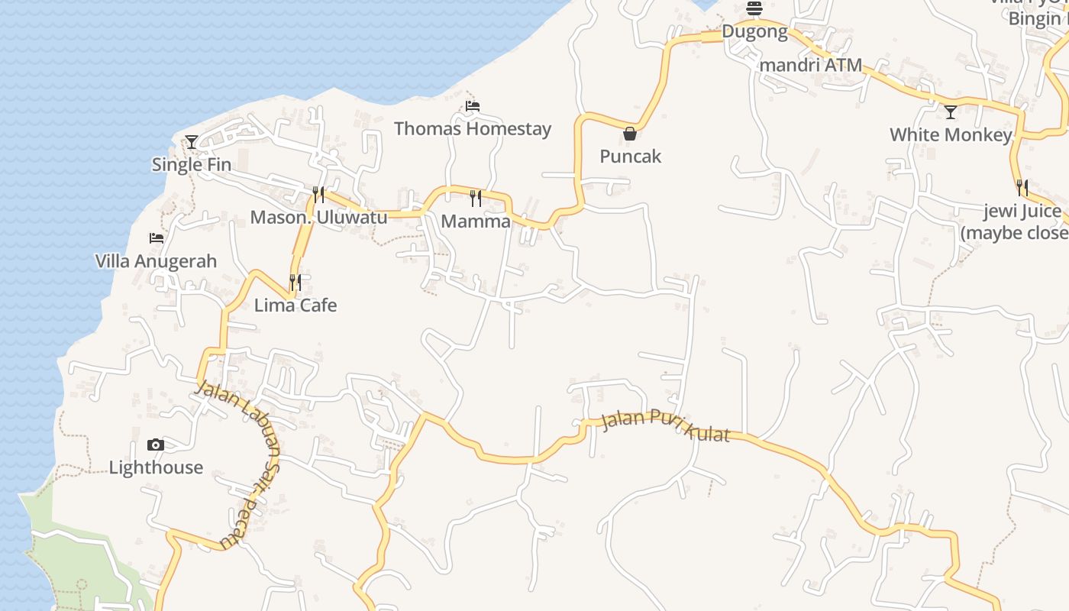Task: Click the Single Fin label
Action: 192,164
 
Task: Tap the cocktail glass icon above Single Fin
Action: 191,142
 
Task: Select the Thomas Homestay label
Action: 473,128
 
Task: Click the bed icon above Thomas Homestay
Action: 473,106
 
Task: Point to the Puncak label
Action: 630,157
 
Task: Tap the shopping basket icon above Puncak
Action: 630,134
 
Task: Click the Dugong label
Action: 754,32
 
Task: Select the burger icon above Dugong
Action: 754,9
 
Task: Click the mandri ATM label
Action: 810,66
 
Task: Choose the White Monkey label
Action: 951,135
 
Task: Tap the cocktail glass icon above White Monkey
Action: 951,113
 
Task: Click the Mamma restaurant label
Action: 476,221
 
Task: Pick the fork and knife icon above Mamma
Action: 476,199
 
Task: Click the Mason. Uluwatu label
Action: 318,218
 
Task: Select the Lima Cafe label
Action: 296,305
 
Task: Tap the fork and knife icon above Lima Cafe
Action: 296,283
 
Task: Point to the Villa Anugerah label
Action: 156,261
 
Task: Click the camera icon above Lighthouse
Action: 156,445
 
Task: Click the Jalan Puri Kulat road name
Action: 665,426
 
